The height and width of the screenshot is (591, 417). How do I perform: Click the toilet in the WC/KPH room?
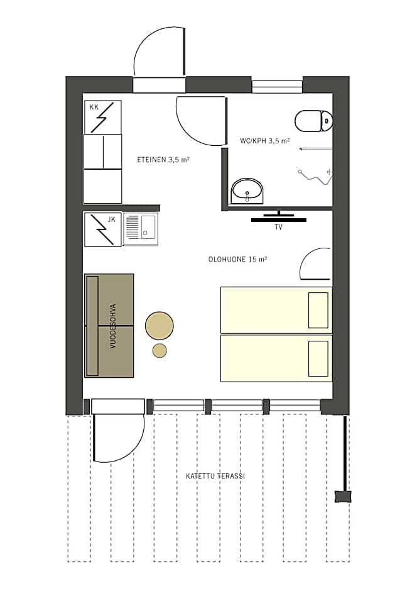[313, 121]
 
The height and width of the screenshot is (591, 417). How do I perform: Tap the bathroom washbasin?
[247, 191]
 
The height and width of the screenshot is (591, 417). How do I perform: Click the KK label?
[94, 107]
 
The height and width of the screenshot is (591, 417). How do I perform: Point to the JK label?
[111, 219]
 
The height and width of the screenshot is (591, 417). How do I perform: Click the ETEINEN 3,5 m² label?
[163, 160]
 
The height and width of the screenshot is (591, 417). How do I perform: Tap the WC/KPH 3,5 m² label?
[265, 141]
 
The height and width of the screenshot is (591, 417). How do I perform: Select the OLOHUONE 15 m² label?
[237, 259]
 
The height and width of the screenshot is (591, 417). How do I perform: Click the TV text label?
[278, 227]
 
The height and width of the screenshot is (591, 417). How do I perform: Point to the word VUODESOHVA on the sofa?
[113, 326]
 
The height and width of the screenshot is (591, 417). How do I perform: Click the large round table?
[159, 326]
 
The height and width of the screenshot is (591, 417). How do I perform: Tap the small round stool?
[160, 351]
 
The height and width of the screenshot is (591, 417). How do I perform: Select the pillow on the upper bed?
[318, 310]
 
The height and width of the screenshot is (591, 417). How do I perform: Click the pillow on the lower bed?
[318, 358]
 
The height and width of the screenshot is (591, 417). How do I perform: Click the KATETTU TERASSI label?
[215, 476]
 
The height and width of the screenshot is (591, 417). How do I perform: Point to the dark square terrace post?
[343, 496]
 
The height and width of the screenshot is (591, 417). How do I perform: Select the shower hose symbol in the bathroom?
[315, 177]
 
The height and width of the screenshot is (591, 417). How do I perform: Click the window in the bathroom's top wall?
[277, 87]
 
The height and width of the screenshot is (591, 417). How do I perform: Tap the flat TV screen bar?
[278, 220]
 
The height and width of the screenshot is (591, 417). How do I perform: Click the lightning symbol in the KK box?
[102, 117]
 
